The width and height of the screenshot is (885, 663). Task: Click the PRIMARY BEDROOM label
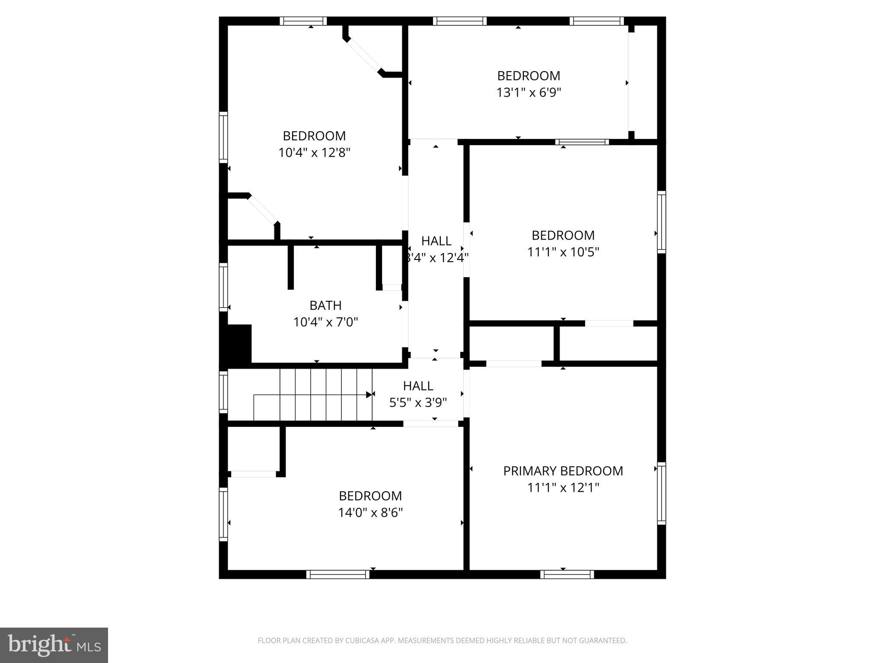tap(563, 471)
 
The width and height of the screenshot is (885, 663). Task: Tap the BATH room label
tap(325, 306)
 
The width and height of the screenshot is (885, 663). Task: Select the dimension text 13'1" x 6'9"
tap(528, 92)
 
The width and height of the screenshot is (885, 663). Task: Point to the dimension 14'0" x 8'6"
tap(370, 512)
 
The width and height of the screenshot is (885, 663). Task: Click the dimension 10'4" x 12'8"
tap(314, 153)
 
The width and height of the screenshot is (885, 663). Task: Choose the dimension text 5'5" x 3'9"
tap(418, 403)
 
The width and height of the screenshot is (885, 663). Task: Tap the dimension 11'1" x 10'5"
tap(563, 252)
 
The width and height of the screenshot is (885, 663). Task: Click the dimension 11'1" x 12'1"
tap(563, 488)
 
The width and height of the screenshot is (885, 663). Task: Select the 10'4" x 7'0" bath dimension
tap(325, 322)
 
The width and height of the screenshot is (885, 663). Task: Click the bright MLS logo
tap(54, 646)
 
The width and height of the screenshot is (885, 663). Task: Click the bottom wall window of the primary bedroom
tap(567, 574)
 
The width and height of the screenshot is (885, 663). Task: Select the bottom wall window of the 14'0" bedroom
tap(338, 574)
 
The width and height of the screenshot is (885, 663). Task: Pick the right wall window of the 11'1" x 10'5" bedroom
tap(662, 222)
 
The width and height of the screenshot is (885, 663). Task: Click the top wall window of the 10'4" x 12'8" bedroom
tap(303, 21)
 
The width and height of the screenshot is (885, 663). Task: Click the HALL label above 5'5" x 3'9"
tap(418, 385)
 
